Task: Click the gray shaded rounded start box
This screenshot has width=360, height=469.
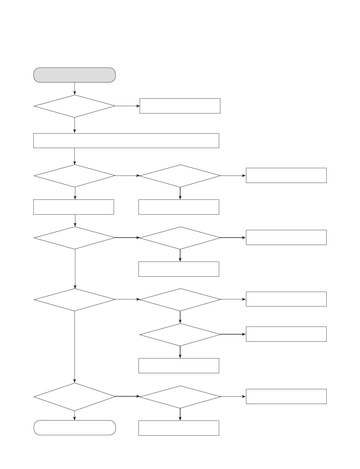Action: pyautogui.click(x=74, y=75)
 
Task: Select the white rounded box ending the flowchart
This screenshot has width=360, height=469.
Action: pyautogui.click(x=75, y=428)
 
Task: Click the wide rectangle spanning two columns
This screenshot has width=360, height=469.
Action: pyautogui.click(x=126, y=140)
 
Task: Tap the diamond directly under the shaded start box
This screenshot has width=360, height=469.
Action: pyautogui.click(x=75, y=106)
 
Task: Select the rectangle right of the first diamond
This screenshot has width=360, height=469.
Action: pyautogui.click(x=180, y=106)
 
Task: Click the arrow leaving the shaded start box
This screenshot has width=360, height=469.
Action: pyautogui.click(x=74, y=88)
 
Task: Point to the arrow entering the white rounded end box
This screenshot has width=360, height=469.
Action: pyautogui.click(x=74, y=416)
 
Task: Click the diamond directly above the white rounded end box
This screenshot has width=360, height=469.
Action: pyautogui.click(x=75, y=397)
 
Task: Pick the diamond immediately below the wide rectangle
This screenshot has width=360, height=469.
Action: pyautogui.click(x=75, y=176)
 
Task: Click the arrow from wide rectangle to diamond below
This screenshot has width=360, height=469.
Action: pyautogui.click(x=74, y=156)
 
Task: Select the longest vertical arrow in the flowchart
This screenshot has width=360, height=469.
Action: pyautogui.click(x=74, y=347)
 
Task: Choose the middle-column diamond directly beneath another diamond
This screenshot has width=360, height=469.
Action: pyautogui.click(x=180, y=335)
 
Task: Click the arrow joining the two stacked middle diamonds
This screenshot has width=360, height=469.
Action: pyautogui.click(x=180, y=317)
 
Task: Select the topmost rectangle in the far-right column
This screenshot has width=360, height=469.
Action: pyautogui.click(x=286, y=175)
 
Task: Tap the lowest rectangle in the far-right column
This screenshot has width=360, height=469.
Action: pyautogui.click(x=286, y=396)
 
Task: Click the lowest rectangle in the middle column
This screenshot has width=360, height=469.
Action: pyautogui.click(x=179, y=428)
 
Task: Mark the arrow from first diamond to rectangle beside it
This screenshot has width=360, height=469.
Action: pyautogui.click(x=127, y=106)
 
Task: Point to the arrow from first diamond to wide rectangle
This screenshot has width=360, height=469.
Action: pyautogui.click(x=74, y=125)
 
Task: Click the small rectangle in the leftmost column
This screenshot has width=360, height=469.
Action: pyautogui.click(x=74, y=207)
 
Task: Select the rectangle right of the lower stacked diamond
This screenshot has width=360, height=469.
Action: pyautogui.click(x=286, y=334)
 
